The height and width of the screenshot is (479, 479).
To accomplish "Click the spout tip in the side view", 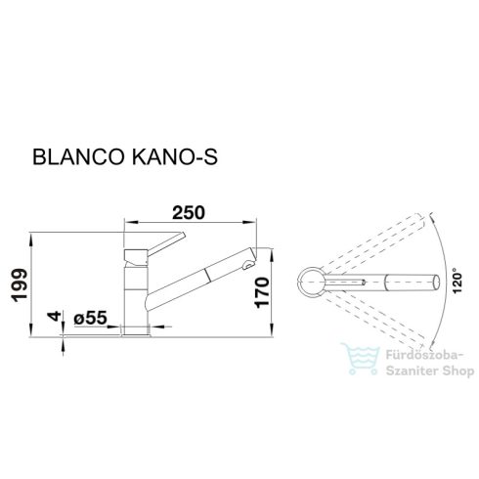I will coord(248,259).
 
